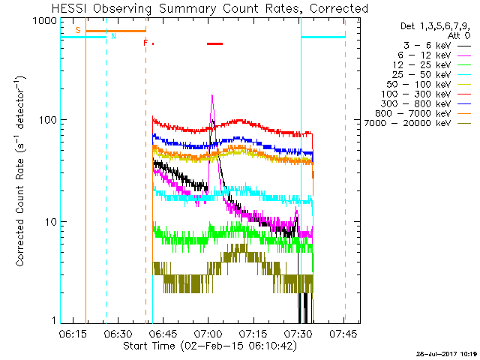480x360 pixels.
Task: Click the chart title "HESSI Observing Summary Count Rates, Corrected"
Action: click(210, 8)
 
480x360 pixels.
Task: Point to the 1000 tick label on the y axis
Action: click(45, 21)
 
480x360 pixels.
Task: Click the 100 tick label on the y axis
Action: click(48, 120)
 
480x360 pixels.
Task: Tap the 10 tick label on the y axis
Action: click(51, 222)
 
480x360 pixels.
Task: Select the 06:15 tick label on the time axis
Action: click(73, 334)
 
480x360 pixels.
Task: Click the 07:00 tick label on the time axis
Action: click(208, 334)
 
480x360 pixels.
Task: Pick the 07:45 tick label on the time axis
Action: click(343, 334)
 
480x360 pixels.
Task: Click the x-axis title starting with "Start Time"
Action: click(210, 346)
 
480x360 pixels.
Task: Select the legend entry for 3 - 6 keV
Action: click(436, 46)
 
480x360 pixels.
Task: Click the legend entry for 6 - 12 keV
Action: click(433, 55)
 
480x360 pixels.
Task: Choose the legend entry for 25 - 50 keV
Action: click(431, 75)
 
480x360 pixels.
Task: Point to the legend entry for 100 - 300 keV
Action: click(425, 94)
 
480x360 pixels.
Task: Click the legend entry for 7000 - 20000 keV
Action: click(418, 123)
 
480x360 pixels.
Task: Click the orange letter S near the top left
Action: click(78, 30)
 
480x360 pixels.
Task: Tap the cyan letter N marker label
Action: click(113, 36)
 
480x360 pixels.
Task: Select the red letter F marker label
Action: click(145, 43)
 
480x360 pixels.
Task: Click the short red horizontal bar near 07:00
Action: click(215, 43)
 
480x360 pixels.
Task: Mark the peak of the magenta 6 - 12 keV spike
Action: click(211, 95)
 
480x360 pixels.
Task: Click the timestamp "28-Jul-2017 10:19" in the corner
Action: click(447, 354)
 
